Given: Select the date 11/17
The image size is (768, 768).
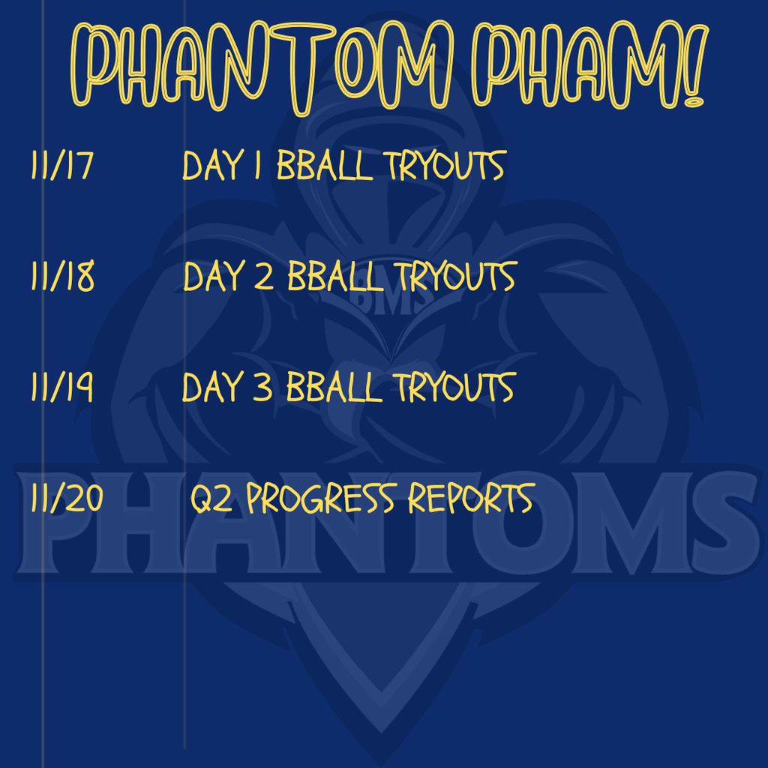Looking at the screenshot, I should tap(61, 166).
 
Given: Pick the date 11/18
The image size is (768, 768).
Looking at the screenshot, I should tap(63, 277).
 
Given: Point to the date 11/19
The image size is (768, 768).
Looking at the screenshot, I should tap(62, 388).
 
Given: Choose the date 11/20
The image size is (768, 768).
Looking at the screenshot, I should tap(67, 499).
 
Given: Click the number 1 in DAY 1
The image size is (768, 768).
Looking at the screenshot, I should tap(257, 166).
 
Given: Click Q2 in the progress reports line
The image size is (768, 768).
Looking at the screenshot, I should tap(213, 499).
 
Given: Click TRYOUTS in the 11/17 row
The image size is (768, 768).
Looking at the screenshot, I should tap(445, 166).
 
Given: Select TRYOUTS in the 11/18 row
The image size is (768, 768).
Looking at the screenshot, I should tap(454, 277).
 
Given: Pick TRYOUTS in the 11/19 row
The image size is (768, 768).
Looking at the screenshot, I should tap(454, 388).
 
